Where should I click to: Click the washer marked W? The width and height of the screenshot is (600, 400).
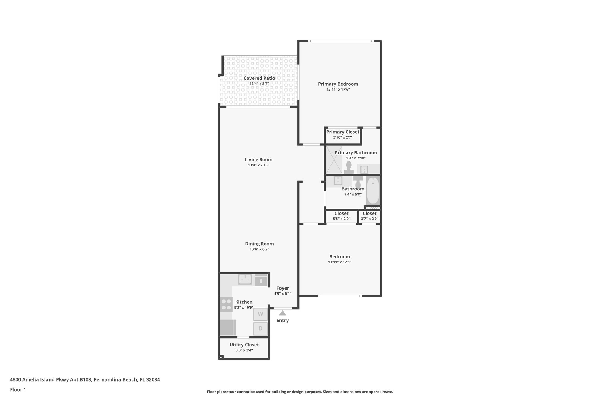coord(260,314)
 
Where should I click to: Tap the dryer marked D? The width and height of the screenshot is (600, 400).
coord(260,329)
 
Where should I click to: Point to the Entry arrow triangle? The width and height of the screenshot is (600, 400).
coord(282,313)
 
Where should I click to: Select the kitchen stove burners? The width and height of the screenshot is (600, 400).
coord(226,304)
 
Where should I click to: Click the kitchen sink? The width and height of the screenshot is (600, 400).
coord(245,279)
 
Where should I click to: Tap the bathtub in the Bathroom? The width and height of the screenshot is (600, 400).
coord(373,191)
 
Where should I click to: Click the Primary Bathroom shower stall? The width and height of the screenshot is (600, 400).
coord(334,160)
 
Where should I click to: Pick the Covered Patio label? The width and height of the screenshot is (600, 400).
coord(259,78)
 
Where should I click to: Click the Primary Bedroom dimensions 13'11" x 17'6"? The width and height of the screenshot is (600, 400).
coord(338,89)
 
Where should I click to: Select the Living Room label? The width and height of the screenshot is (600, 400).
coord(258,160)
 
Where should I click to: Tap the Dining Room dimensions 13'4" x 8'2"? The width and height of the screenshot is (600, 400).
coord(259,249)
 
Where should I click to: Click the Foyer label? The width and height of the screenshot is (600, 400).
coord(283,288)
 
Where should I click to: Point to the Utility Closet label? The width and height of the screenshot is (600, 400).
coord(244,345)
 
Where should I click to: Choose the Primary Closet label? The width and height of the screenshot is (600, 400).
coord(343,132)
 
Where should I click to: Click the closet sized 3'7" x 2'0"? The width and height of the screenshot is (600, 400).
coord(369,216)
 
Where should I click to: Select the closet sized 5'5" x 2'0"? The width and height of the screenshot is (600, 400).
coord(341,216)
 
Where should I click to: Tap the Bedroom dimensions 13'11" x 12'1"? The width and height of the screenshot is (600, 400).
coord(340,262)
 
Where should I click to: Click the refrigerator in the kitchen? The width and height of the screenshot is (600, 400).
coord(228,327)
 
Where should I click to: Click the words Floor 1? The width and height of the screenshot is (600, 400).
coord(18,389)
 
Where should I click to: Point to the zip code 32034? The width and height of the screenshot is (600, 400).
coord(153,379)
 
